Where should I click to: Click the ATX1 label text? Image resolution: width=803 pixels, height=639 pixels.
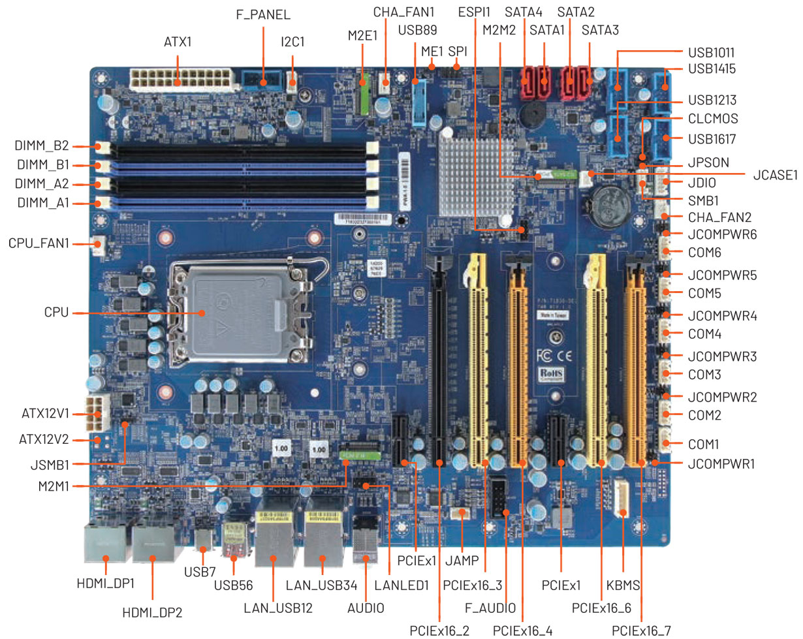click(x=178, y=43)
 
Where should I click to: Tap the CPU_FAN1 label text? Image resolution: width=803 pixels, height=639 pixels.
click(x=39, y=244)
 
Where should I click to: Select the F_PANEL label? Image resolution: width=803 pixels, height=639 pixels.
click(x=263, y=14)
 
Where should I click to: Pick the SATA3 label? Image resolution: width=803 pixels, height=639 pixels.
click(x=600, y=30)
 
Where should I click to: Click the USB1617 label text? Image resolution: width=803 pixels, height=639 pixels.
click(x=716, y=139)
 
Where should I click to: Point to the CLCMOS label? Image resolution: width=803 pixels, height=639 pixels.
click(x=713, y=119)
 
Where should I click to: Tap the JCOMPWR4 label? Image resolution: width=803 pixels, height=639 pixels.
click(x=722, y=317)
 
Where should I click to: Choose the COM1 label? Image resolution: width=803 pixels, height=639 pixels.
click(x=704, y=444)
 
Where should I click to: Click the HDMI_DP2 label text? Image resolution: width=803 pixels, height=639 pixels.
click(x=152, y=612)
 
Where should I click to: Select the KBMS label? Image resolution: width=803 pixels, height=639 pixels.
click(x=622, y=585)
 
